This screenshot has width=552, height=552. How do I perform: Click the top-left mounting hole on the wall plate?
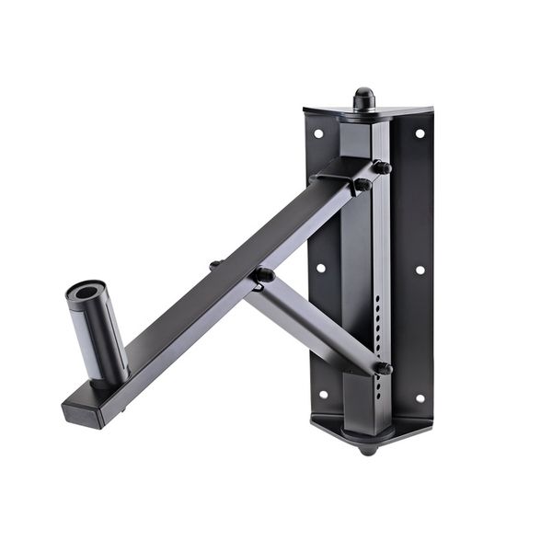pos(318,133)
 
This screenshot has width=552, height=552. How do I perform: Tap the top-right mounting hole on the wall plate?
pos(420,133)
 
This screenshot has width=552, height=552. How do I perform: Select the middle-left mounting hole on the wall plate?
pos(320,270)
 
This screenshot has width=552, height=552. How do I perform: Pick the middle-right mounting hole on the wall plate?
pos(420,270)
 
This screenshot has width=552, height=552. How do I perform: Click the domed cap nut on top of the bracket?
pos(364,98)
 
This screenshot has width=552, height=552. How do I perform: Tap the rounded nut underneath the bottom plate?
pos(368,448)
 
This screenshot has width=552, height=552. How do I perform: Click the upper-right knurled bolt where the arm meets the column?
pos(382,167)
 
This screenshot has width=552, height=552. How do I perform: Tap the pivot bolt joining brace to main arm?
pos(263,274)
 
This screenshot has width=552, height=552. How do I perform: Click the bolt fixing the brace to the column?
pos(383,368)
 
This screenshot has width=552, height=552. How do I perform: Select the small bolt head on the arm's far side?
pos(215,265)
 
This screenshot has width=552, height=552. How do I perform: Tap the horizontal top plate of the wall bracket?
pos(368,114)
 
